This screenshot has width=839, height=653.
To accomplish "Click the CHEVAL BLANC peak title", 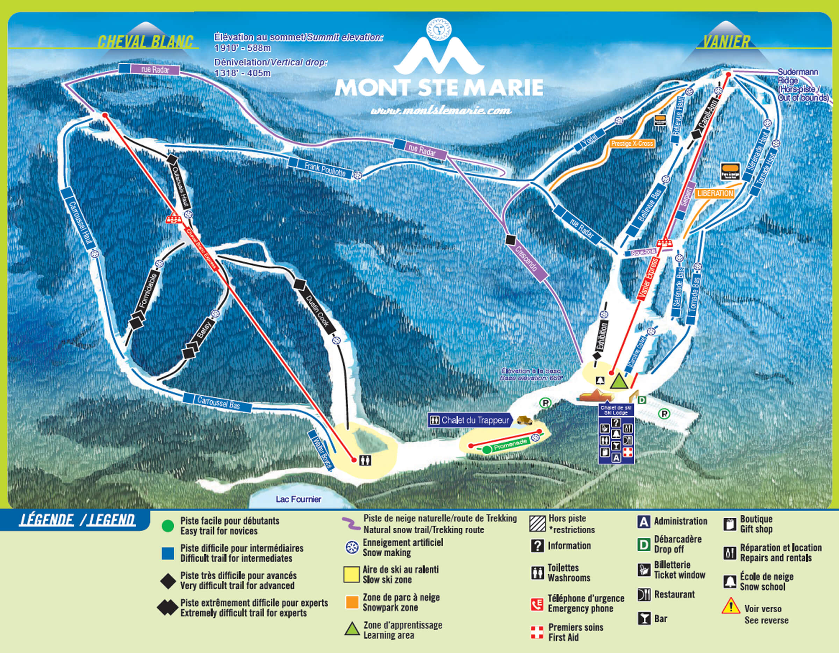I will (x=145, y=42).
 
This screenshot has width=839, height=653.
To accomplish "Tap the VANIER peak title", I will (x=726, y=42).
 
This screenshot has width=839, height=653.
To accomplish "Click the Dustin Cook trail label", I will (x=317, y=311).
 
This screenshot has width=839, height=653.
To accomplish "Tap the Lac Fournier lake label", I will (x=298, y=499).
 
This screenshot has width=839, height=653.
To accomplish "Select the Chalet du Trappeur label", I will (x=475, y=420).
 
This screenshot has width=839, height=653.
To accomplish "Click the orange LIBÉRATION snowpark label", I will (x=715, y=194).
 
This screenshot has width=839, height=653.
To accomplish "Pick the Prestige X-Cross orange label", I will (x=632, y=144).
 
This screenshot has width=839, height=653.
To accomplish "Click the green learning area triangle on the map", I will (x=619, y=381).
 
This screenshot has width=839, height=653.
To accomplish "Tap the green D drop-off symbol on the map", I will (x=641, y=400).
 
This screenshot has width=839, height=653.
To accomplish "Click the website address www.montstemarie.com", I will (x=440, y=110).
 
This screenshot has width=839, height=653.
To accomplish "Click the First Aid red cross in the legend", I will (x=537, y=632).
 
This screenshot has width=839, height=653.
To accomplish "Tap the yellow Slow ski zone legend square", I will (x=351, y=575).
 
